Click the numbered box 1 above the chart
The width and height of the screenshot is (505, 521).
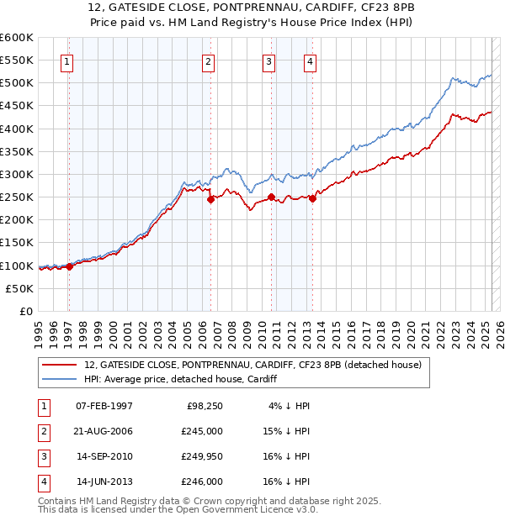point(66,61)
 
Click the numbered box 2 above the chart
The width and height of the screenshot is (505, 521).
point(208,61)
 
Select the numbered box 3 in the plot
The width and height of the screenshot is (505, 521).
point(268,61)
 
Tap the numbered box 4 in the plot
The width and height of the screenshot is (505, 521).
point(311,61)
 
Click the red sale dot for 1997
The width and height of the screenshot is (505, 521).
point(70,266)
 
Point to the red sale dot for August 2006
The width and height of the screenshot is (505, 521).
point(211,199)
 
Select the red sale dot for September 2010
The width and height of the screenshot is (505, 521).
point(272,197)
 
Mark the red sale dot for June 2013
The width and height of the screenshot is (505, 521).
point(312,198)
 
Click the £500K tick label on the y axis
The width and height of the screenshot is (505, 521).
point(16,83)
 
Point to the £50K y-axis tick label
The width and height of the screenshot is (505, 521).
point(19,288)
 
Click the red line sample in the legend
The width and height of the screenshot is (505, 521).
point(60,365)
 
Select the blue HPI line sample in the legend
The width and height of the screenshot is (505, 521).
point(60,379)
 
